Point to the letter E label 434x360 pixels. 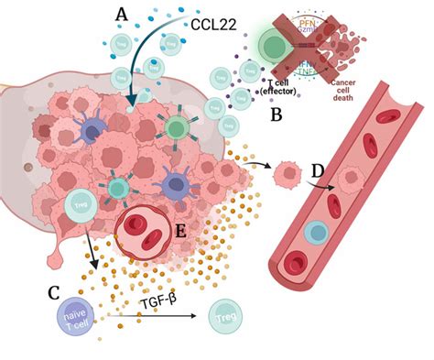click(181, 232)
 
